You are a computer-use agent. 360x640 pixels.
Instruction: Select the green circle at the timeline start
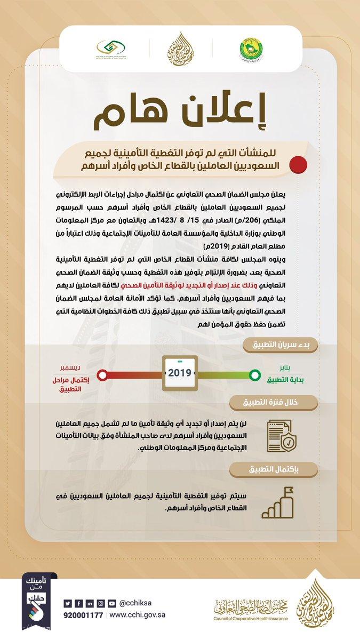(x=255, y=374)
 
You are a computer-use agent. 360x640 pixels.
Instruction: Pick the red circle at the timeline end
(x=102, y=374)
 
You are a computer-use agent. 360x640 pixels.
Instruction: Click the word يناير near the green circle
(x=286, y=368)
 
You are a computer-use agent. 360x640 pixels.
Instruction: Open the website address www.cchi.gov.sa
(x=138, y=615)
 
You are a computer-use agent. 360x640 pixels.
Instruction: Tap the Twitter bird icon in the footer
(x=67, y=603)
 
